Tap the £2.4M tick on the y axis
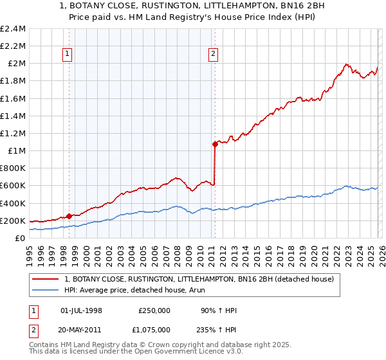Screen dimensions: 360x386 click(x=13, y=29)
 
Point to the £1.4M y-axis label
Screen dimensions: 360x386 click(x=13, y=116)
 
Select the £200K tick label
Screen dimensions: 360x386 click(x=13, y=221)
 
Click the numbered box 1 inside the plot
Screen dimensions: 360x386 click(x=69, y=55)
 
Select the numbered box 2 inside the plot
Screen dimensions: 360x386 click(x=212, y=55)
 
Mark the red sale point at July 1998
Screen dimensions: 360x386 click(x=69, y=216)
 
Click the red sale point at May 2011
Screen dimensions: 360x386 click(x=215, y=145)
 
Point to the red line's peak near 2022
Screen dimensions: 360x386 click(x=346, y=64)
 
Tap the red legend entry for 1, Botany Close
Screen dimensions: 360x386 click(x=198, y=279)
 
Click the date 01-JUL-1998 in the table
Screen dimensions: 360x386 click(x=81, y=310)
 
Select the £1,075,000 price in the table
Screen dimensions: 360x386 click(x=154, y=328)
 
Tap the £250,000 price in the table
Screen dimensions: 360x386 click(x=154, y=310)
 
